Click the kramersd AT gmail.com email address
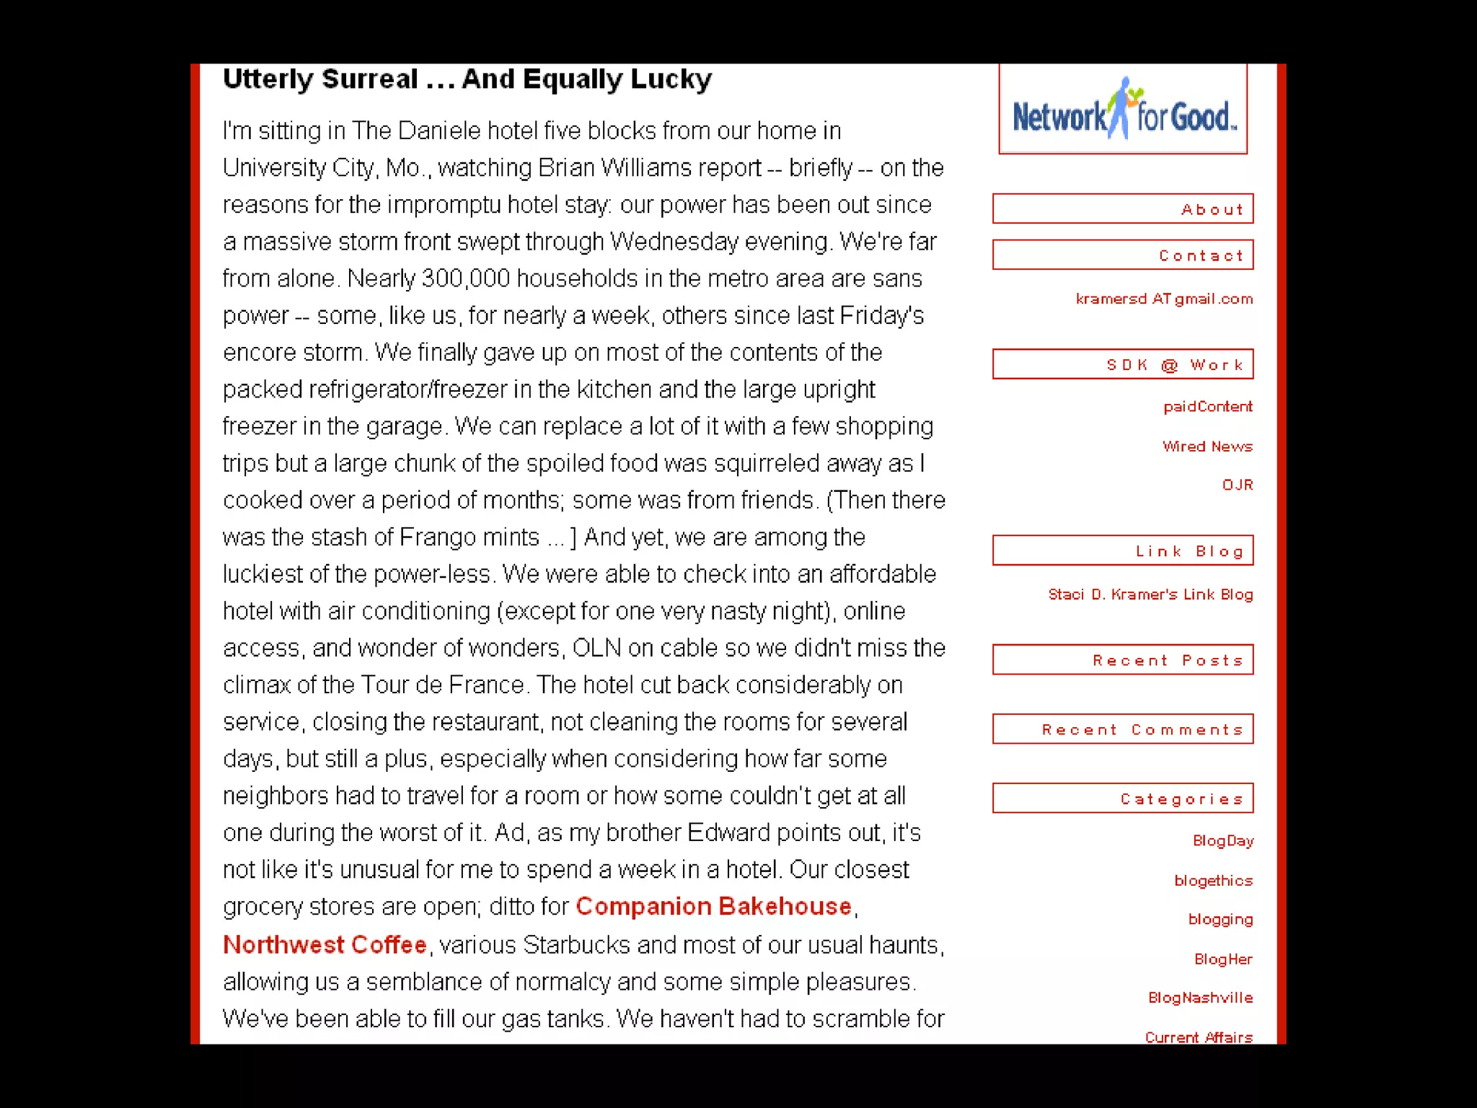coord(1164,299)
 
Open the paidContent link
coord(1207,407)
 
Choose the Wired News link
coord(1207,447)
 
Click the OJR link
coord(1237,485)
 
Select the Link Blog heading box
coord(1123,551)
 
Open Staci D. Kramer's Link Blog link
coord(1150,594)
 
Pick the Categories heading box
coord(1123,799)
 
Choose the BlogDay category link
coord(1222,841)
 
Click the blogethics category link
coord(1213,881)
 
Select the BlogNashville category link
coord(1200,998)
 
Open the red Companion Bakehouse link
coord(713,906)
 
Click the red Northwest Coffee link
coord(325,944)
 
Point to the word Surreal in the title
coord(370,79)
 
